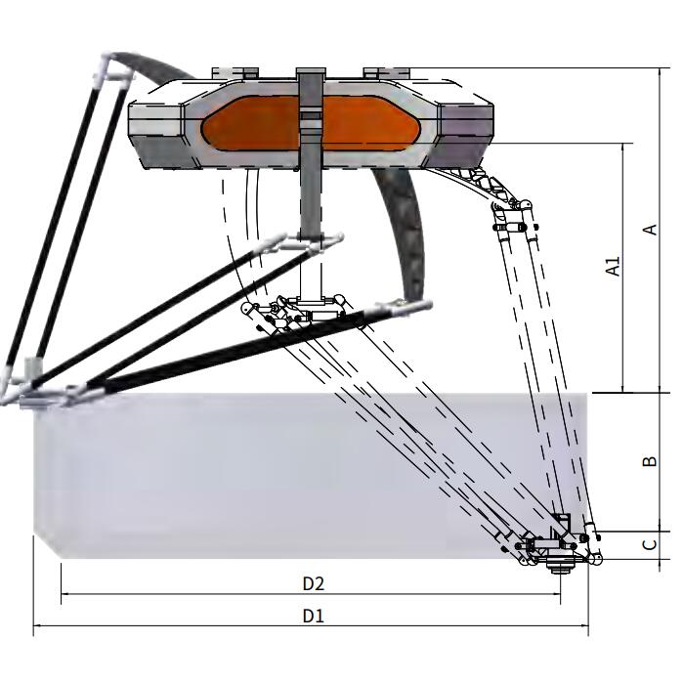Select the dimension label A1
(614, 266)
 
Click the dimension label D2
(313, 583)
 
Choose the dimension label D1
(313, 616)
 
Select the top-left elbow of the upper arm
(107, 68)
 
